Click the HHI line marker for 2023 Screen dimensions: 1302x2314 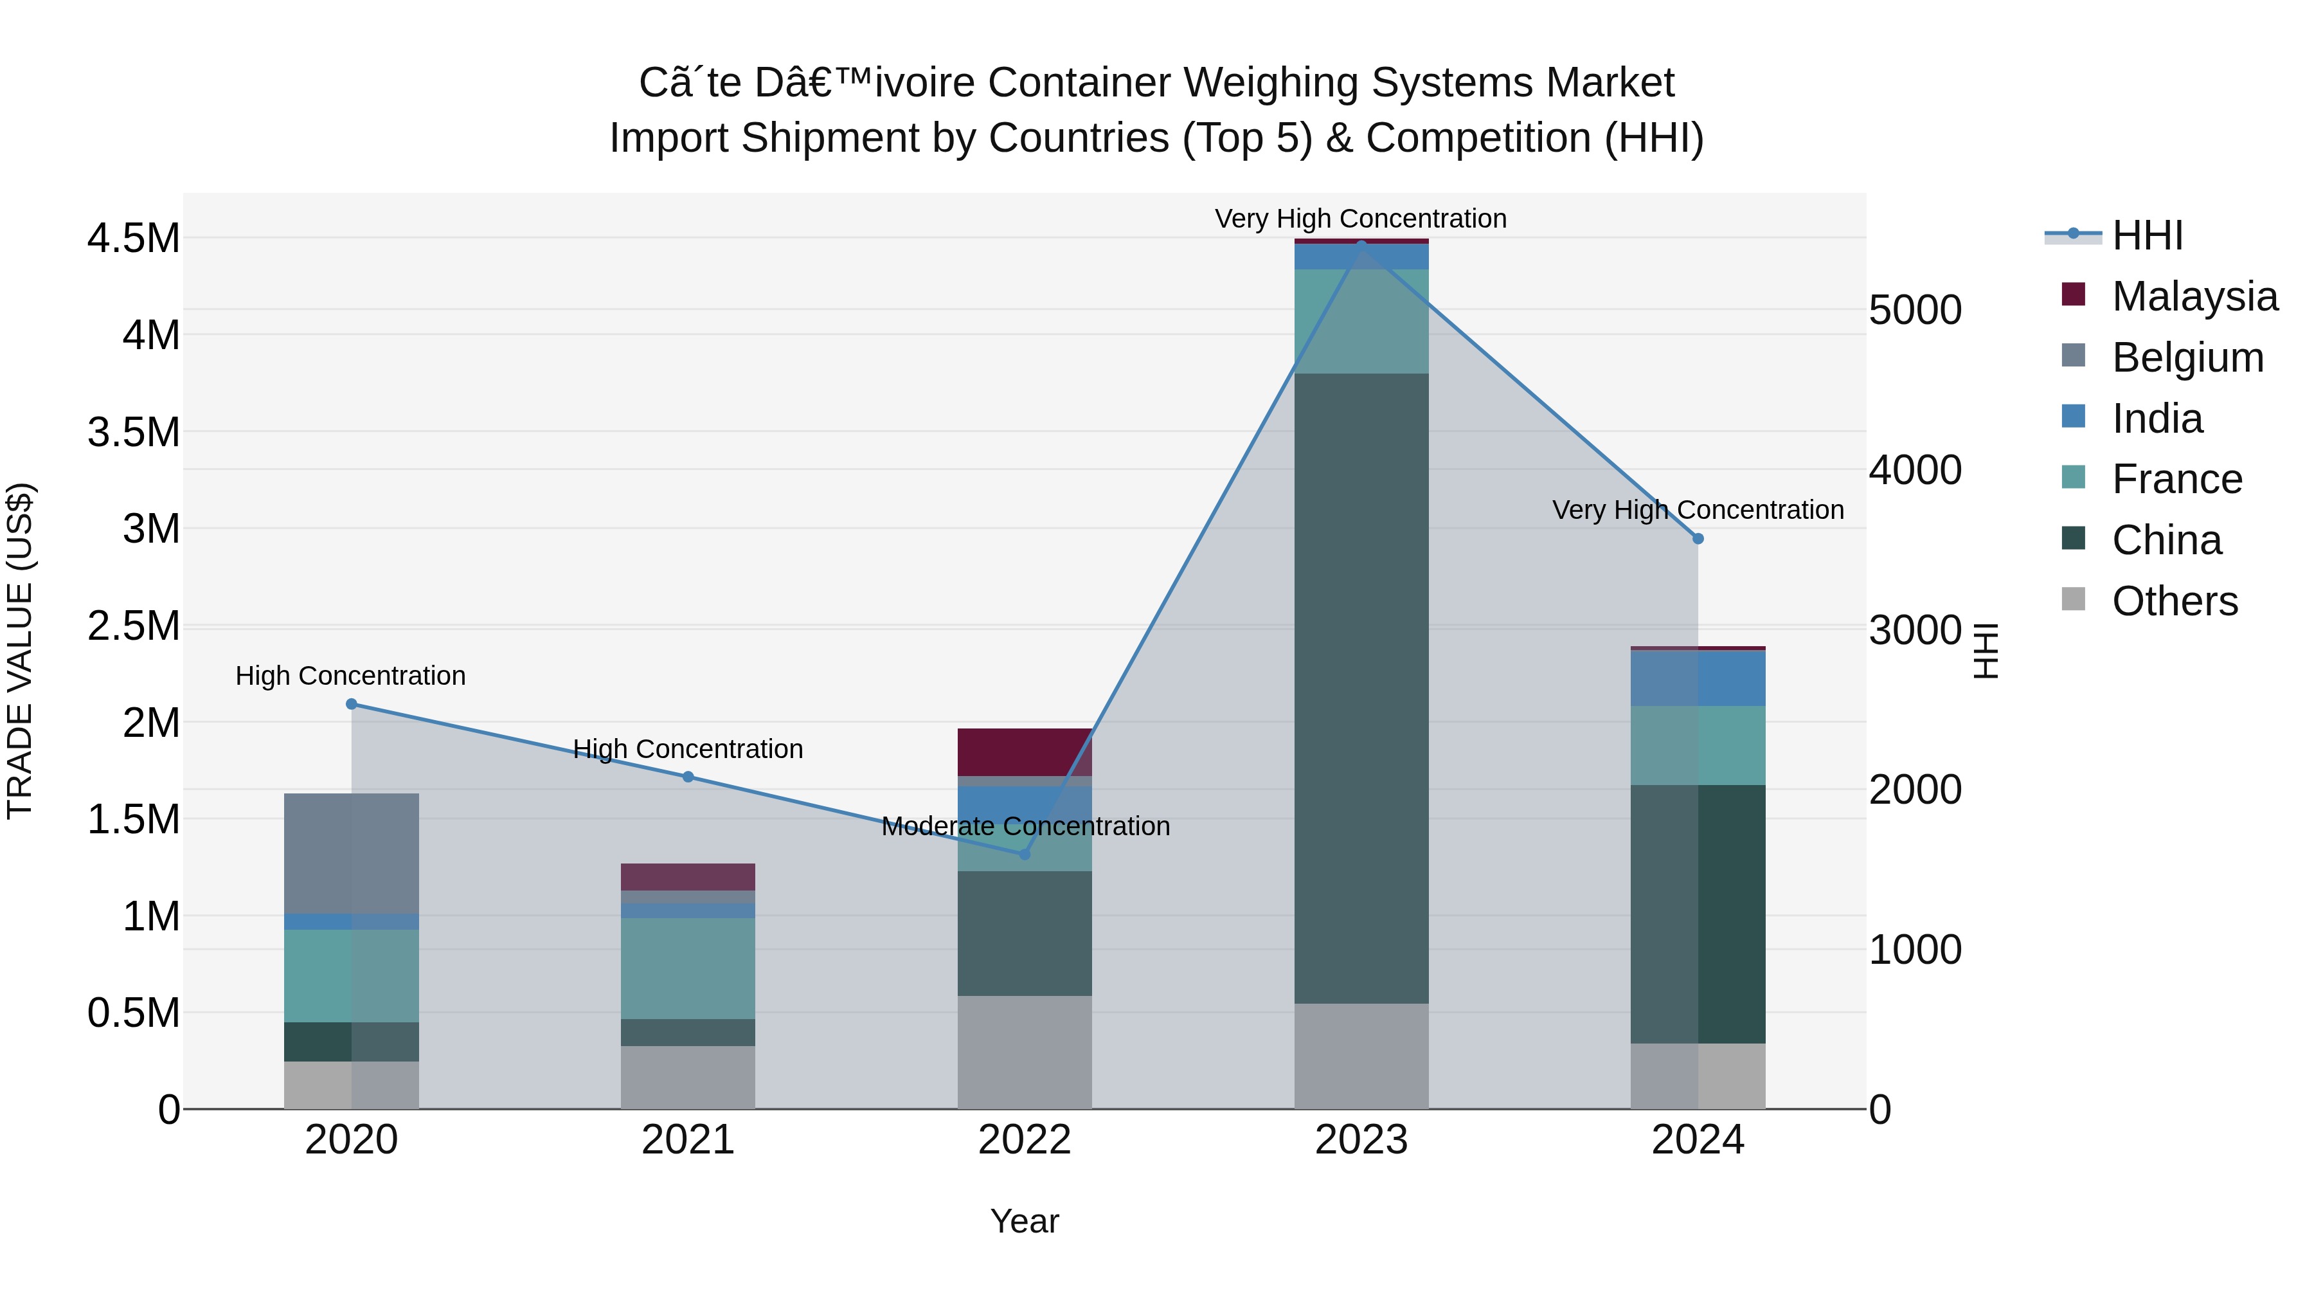click(1361, 244)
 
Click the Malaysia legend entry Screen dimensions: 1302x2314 click(2194, 296)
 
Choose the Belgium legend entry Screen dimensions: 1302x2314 click(2187, 357)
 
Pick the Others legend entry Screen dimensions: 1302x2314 click(2174, 601)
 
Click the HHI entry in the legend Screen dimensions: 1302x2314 click(2147, 235)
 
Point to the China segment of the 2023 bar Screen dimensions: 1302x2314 click(1361, 687)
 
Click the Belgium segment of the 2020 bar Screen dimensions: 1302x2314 click(351, 854)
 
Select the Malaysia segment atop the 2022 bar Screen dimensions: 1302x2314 click(1024, 751)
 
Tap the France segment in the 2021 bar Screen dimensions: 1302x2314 click(687, 968)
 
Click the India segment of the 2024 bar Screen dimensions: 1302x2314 click(1698, 678)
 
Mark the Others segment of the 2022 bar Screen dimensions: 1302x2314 click(1024, 1051)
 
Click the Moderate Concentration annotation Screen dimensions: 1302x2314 click(1025, 826)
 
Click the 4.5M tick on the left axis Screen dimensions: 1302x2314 click(133, 239)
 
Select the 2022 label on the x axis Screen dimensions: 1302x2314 click(1024, 1140)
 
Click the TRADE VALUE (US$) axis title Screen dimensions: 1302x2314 click(20, 651)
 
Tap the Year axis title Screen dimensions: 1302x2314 click(1024, 1221)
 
